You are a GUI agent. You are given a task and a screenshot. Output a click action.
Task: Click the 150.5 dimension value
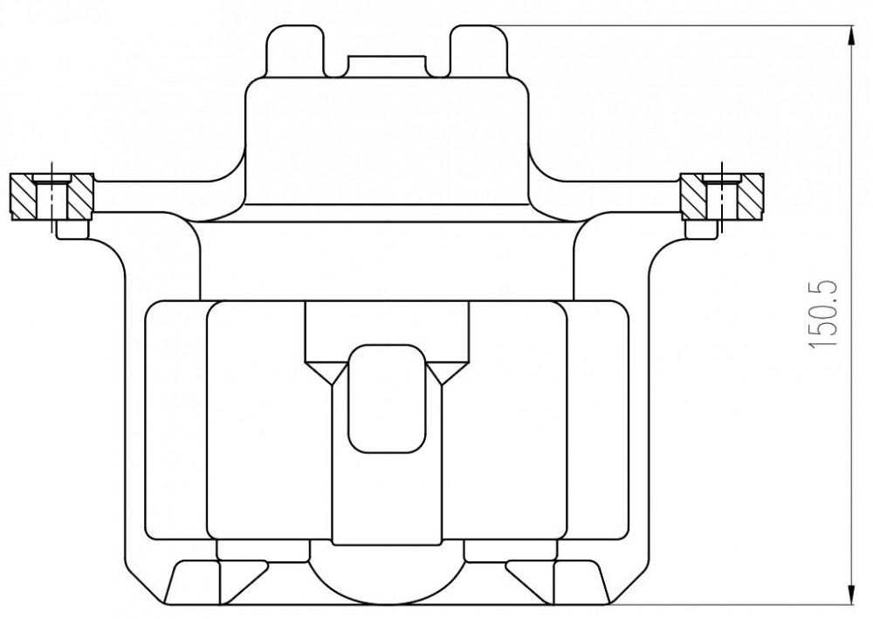pos(822,314)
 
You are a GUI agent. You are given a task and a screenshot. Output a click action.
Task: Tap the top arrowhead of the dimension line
pos(851,35)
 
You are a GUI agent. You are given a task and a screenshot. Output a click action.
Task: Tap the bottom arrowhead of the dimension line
pos(851,594)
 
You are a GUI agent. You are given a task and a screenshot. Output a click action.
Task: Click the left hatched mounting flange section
pos(52,196)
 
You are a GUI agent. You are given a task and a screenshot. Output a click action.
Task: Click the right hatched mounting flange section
pos(722,196)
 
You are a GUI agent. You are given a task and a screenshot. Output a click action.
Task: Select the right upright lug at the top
pos(478,50)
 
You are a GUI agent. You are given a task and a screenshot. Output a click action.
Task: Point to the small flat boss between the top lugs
pos(388,65)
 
